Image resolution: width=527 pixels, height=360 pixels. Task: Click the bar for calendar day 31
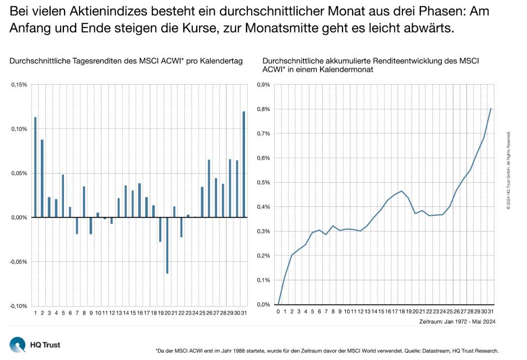244,164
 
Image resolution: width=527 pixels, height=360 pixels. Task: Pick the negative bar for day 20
167,245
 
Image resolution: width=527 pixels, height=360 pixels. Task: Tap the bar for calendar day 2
42,178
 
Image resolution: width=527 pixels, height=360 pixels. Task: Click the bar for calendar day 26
209,188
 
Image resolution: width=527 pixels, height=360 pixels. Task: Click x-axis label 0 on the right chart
278,312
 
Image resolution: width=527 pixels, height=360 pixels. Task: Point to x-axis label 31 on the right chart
491,312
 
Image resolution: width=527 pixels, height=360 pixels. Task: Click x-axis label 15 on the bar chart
132,312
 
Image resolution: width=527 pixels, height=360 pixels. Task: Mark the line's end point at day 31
491,109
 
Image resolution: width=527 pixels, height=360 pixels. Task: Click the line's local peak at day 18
401,191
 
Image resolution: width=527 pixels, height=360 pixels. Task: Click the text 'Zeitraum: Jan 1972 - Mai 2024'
457,322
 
